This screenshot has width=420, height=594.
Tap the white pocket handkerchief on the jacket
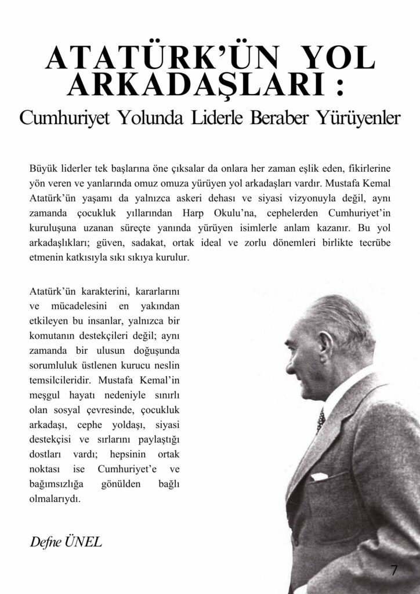[321, 477]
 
